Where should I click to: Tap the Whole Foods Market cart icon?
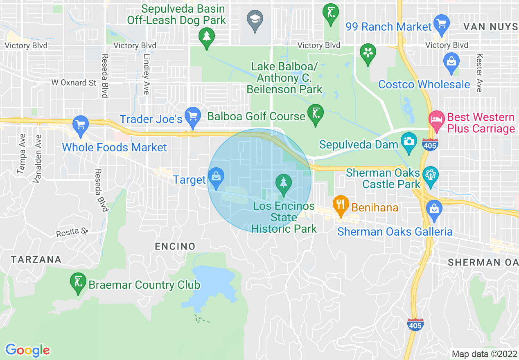[80, 124]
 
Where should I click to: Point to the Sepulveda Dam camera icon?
[408, 141]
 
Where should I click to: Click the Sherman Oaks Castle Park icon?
[431, 175]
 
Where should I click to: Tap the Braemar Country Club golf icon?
[78, 282]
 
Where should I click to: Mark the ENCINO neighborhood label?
[175, 246]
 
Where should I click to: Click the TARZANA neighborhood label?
[36, 259]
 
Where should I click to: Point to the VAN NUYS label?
[490, 27]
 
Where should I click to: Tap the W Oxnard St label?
[74, 83]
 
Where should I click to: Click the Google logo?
[27, 350]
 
